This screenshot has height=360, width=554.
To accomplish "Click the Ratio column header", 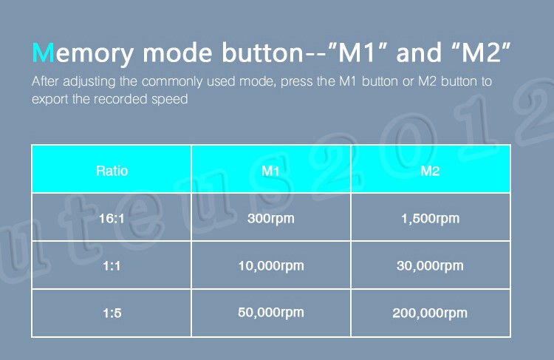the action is (x=112, y=171).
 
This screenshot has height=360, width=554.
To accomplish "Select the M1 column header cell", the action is (x=270, y=171).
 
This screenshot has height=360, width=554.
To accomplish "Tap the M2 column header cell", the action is (x=430, y=171).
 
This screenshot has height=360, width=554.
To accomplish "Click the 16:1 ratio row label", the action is (x=112, y=219).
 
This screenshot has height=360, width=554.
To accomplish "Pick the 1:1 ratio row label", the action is (x=112, y=265).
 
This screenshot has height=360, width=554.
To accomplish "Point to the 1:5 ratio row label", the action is (x=112, y=313).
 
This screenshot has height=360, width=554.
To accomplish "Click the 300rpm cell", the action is (x=271, y=219).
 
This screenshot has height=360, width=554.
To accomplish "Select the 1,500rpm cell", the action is (x=431, y=219).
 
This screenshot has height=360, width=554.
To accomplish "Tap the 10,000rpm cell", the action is (x=271, y=266).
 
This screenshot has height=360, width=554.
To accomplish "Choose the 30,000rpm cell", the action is (x=430, y=266).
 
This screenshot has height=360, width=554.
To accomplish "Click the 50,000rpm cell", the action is (x=271, y=313).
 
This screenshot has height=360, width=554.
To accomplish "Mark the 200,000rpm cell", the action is (x=430, y=313).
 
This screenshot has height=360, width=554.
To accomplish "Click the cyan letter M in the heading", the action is (x=43, y=52).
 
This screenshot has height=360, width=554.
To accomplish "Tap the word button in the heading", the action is (x=262, y=52).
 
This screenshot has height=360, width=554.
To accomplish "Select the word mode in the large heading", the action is (x=177, y=52).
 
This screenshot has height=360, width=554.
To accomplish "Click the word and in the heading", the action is (x=419, y=52).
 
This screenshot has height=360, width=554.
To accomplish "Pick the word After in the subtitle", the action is (x=45, y=81).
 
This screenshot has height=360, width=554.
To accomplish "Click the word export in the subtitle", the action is (x=50, y=99).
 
